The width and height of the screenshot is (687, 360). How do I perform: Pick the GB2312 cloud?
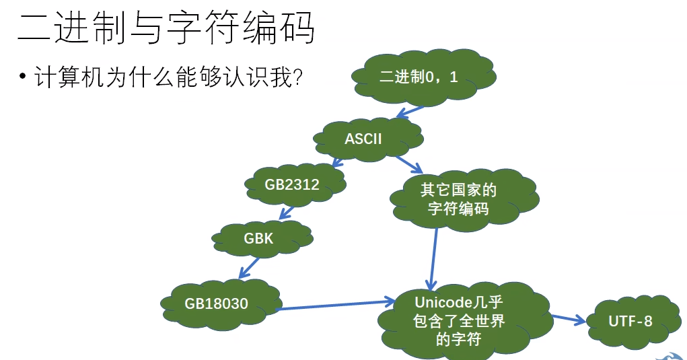pyautogui.click(x=292, y=184)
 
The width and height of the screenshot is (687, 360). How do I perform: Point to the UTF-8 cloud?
pyautogui.click(x=630, y=321)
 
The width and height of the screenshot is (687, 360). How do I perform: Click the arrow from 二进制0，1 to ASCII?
pyautogui.click(x=410, y=111)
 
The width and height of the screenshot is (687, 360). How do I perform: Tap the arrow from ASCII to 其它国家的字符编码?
pyautogui.click(x=409, y=164)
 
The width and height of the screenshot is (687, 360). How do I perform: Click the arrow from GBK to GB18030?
pyautogui.click(x=251, y=268)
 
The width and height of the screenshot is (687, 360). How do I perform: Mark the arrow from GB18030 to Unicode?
pyautogui.click(x=336, y=306)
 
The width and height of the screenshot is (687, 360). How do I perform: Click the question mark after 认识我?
pyautogui.click(x=296, y=79)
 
